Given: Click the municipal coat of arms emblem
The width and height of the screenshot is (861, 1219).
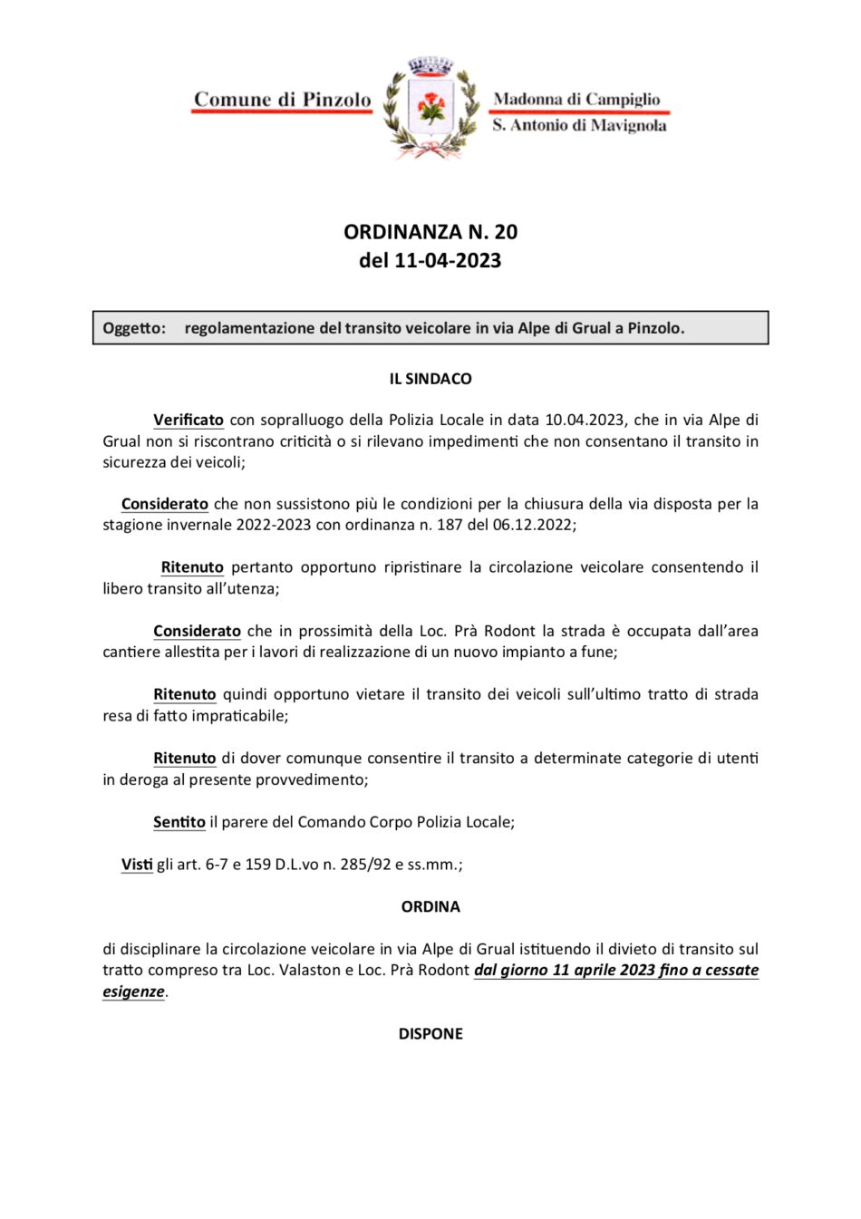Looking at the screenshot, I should pyautogui.click(x=430, y=108).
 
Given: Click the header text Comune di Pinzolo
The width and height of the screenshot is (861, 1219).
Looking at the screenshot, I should pyautogui.click(x=282, y=100).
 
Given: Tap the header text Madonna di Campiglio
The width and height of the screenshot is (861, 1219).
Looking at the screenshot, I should pyautogui.click(x=576, y=99).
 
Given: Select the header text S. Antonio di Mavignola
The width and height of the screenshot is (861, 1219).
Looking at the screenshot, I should pyautogui.click(x=579, y=125).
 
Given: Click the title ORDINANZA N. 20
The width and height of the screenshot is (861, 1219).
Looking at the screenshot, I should pyautogui.click(x=430, y=232).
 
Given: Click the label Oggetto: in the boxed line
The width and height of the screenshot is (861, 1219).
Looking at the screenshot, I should pyautogui.click(x=134, y=328).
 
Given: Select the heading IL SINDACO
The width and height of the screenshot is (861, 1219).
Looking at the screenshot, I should pyautogui.click(x=430, y=379).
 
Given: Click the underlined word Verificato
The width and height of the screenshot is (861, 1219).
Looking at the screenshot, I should pyautogui.click(x=189, y=420).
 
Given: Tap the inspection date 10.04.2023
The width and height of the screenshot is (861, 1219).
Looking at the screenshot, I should pyautogui.click(x=585, y=420).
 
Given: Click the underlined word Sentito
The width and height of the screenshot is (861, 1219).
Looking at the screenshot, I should pyautogui.click(x=179, y=822).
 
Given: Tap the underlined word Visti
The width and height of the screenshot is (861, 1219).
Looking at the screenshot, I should pyautogui.click(x=137, y=865).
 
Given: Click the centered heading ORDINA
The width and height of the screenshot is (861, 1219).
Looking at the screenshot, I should pyautogui.click(x=430, y=906).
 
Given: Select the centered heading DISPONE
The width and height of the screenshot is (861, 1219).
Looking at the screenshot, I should pyautogui.click(x=430, y=1034).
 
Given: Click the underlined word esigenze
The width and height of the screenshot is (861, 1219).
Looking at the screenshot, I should pyautogui.click(x=133, y=992).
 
